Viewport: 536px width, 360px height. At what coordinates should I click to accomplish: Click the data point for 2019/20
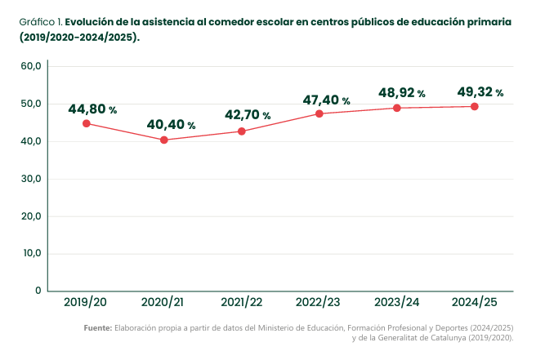[x=87, y=123]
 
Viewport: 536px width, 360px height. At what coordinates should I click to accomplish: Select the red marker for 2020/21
[x=164, y=140]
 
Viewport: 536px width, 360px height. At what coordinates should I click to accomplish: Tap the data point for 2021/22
[x=242, y=131]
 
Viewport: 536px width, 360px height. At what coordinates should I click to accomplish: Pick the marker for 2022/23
[x=319, y=113]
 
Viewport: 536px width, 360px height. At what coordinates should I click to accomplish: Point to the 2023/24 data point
[x=397, y=108]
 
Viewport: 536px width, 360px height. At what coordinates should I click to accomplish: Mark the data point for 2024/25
[x=475, y=107]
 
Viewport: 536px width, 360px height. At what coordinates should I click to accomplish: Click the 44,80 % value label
[x=92, y=109]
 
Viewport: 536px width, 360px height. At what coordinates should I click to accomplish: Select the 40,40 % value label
[x=171, y=125]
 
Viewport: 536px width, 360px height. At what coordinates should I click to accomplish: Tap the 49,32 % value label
[x=480, y=92]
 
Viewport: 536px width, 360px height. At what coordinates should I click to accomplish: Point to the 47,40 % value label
[x=327, y=100]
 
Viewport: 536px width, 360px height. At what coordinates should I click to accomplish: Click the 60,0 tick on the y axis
[x=31, y=66]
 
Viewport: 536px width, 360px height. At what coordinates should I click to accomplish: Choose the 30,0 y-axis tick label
[x=31, y=179]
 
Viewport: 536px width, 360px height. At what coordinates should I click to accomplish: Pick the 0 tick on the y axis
[x=38, y=291]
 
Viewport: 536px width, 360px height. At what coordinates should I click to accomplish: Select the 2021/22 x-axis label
[x=242, y=302]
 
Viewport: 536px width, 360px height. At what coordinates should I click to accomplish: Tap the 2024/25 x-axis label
[x=475, y=302]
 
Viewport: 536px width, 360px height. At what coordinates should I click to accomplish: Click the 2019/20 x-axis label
[x=85, y=302]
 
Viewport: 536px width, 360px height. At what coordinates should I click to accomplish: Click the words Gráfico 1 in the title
[x=40, y=22]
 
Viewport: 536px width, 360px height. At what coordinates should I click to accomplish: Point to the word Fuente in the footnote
[x=98, y=328]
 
